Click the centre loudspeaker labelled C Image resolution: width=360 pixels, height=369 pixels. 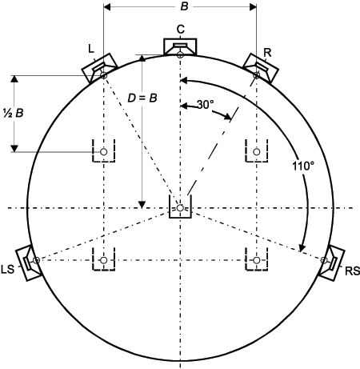click(x=180, y=47)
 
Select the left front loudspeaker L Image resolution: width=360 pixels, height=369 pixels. click(x=99, y=68)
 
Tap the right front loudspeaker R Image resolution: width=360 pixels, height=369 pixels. click(x=261, y=68)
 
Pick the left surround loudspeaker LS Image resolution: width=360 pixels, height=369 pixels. click(x=29, y=263)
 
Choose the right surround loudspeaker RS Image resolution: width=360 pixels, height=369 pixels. click(x=331, y=263)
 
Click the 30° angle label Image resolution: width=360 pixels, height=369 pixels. click(x=205, y=105)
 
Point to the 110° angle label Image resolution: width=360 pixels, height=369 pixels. click(x=303, y=166)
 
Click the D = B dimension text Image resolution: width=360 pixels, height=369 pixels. click(x=142, y=98)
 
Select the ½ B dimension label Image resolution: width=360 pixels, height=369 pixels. click(x=14, y=113)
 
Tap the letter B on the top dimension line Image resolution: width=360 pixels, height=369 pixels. click(x=184, y=6)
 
